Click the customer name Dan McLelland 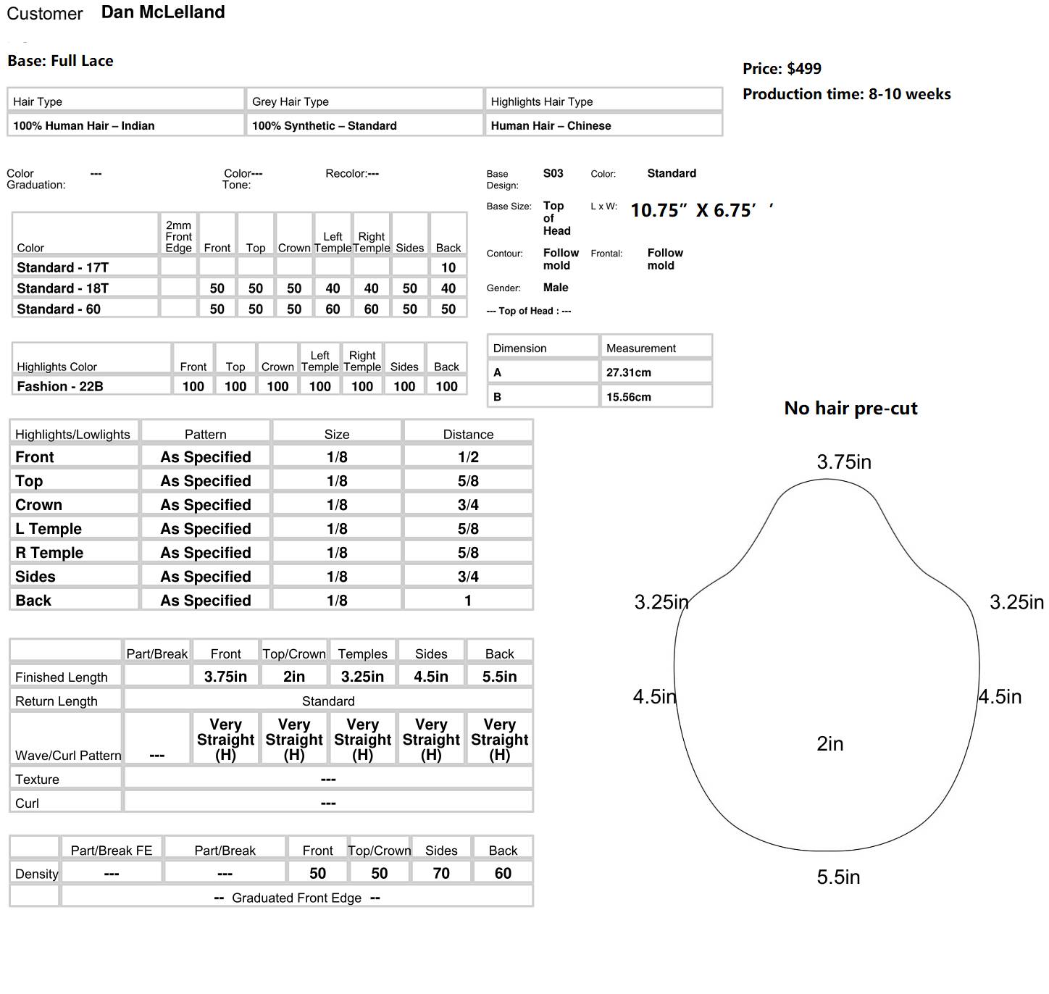(163, 12)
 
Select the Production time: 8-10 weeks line (846, 94)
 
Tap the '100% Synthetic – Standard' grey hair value (324, 125)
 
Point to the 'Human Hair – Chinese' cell (551, 125)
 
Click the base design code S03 (553, 173)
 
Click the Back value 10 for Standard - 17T (448, 267)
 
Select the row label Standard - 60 (59, 309)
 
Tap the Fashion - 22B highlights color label (60, 386)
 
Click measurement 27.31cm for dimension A (628, 372)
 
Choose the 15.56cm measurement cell (628, 397)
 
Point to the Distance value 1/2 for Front (468, 457)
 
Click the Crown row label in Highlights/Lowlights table (38, 505)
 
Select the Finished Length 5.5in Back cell (499, 677)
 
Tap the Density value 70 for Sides (441, 873)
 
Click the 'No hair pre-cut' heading (851, 409)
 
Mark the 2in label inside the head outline (829, 744)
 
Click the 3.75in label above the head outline (844, 462)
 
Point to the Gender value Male (556, 288)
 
